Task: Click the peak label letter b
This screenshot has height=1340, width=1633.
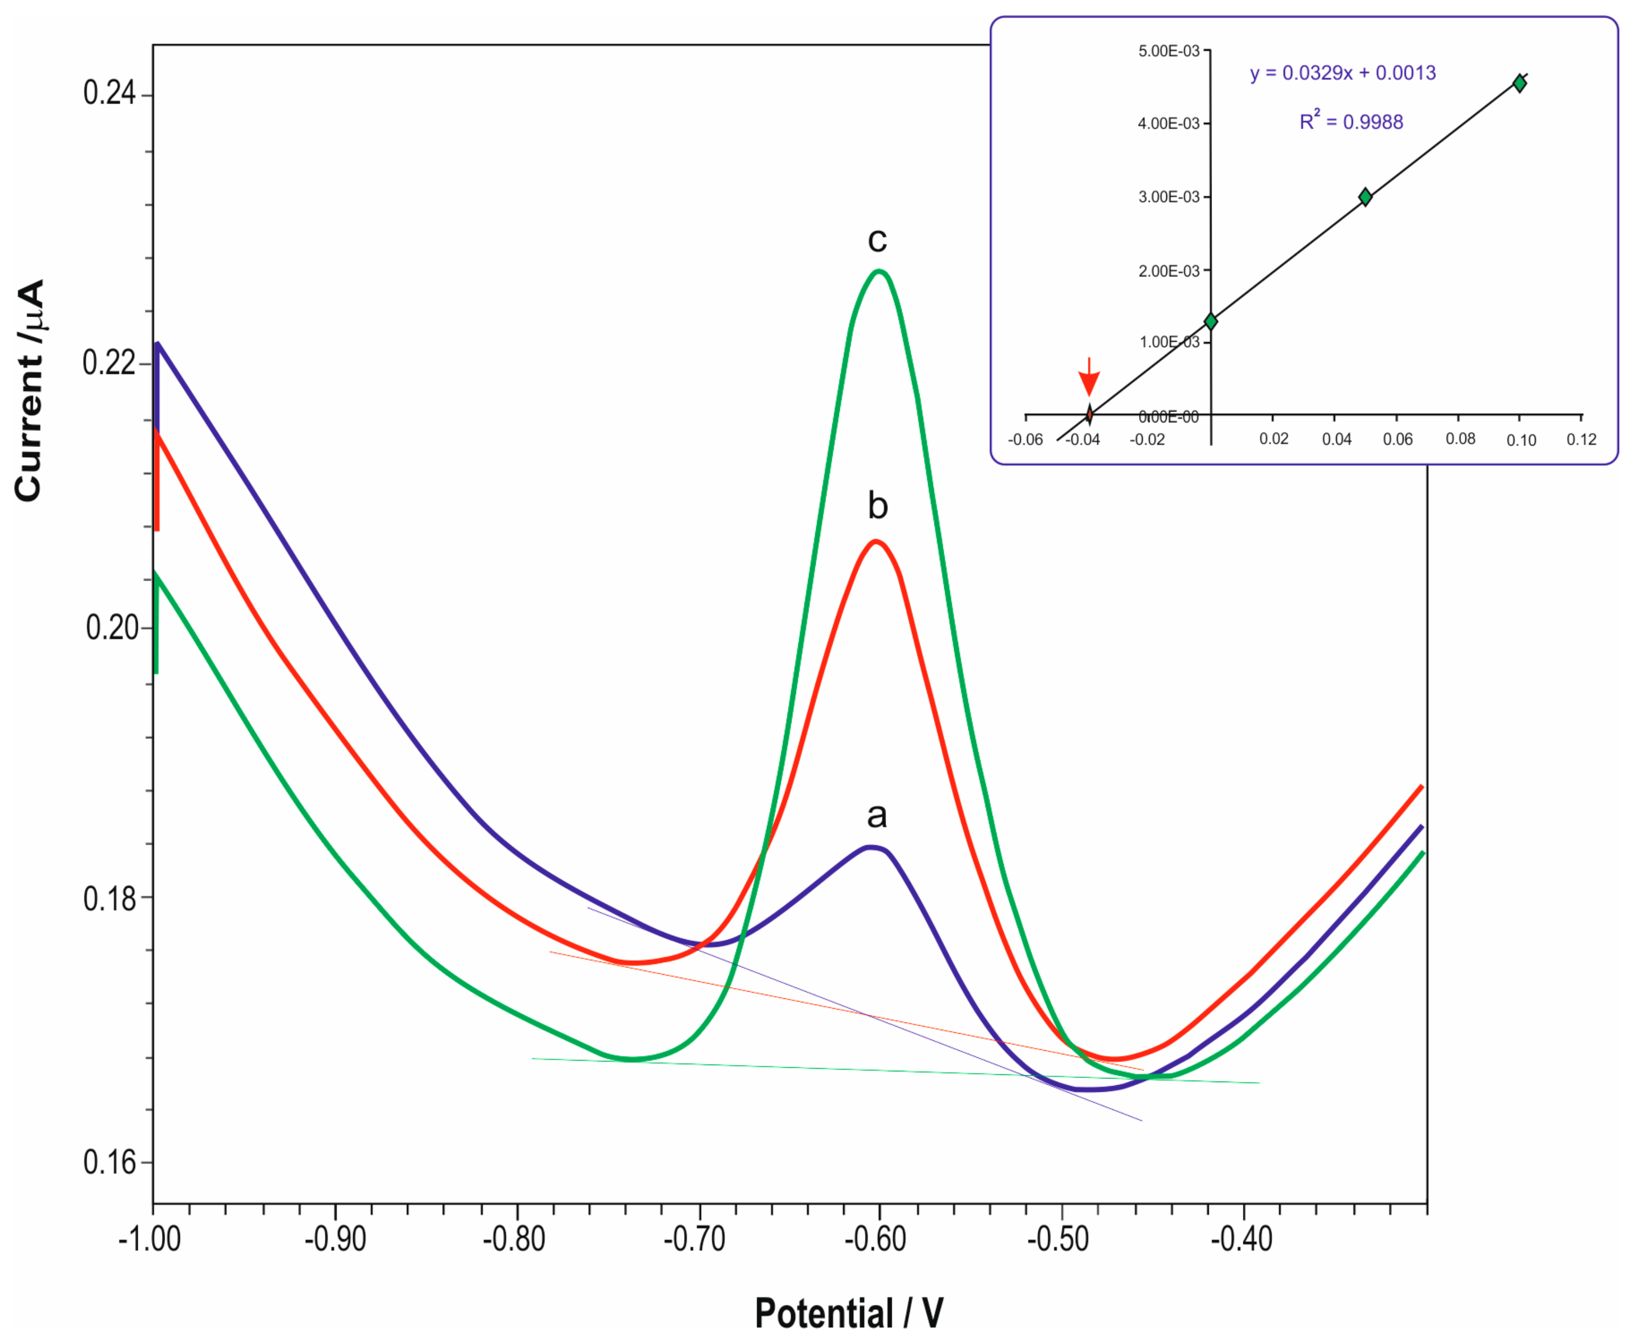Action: click(877, 506)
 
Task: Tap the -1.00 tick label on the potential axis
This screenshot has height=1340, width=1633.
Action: click(150, 1239)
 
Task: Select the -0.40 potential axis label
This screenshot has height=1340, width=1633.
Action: click(1241, 1239)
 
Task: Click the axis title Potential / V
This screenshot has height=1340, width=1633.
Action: click(849, 1312)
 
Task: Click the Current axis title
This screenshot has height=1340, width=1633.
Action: click(29, 390)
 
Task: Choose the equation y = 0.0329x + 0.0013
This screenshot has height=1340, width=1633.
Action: click(1343, 73)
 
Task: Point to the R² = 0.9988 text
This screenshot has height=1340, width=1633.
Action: click(1351, 121)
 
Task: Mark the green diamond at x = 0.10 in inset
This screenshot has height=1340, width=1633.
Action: click(1519, 83)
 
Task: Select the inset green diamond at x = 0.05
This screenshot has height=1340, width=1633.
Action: click(1365, 197)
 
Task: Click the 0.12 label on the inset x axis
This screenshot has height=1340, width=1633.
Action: click(1581, 439)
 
